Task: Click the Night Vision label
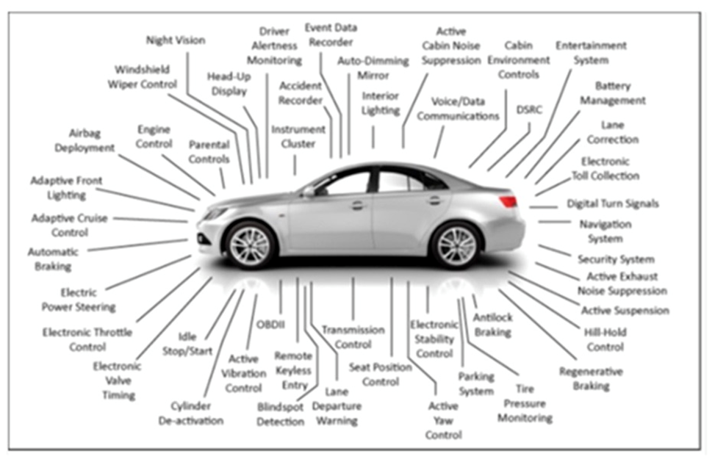click(x=175, y=40)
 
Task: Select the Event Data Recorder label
click(x=331, y=35)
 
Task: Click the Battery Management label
click(x=612, y=93)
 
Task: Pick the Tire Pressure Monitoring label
click(x=525, y=403)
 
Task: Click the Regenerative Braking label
click(x=591, y=378)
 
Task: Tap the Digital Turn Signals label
click(x=613, y=203)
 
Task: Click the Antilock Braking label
click(x=492, y=325)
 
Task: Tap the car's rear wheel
click(x=456, y=245)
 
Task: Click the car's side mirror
click(x=309, y=191)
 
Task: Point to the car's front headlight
click(x=215, y=214)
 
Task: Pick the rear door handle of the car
click(x=434, y=200)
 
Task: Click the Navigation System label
click(x=606, y=231)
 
